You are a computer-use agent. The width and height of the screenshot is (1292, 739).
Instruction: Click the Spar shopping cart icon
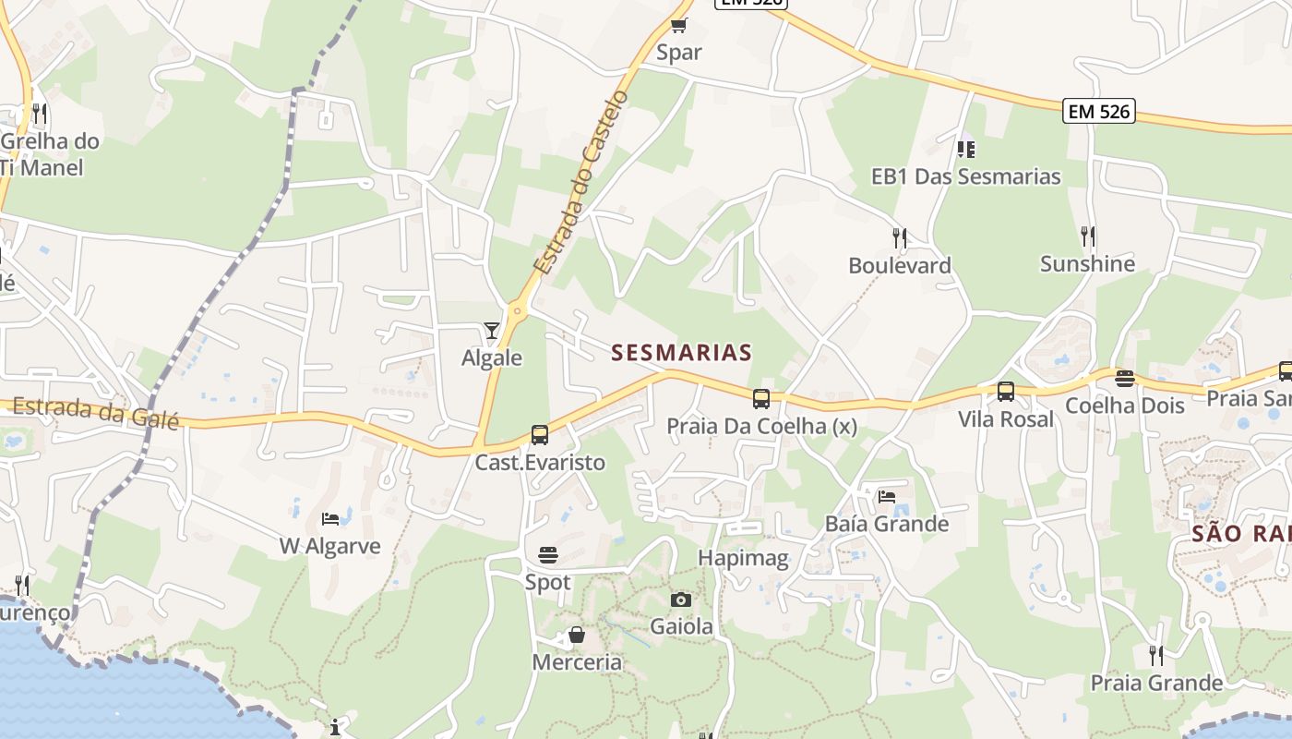pos(679,25)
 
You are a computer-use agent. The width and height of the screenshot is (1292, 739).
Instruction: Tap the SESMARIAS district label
pos(682,352)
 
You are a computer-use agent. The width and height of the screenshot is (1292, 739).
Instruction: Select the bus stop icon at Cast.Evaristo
pos(540,434)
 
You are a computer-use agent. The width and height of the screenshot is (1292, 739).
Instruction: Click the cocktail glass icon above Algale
pos(491,330)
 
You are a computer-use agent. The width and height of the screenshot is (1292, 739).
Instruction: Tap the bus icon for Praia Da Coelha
pos(761,399)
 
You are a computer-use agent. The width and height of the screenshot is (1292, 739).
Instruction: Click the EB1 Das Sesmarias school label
pos(966,176)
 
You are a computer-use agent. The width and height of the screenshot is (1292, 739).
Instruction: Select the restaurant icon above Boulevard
pos(900,238)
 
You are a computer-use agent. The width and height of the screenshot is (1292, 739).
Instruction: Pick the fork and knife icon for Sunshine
pos(1088,236)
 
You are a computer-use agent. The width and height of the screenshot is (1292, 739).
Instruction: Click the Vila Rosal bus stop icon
pos(1006,392)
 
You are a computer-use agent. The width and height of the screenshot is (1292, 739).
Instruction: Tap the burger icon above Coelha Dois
pos(1124,379)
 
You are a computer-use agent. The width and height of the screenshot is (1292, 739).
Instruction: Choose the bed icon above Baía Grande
pos(887,496)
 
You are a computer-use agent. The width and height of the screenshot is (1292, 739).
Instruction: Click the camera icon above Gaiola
pos(681,600)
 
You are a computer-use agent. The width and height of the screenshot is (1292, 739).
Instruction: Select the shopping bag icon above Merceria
pos(577,635)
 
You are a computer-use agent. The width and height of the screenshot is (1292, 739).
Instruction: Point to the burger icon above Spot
pos(548,555)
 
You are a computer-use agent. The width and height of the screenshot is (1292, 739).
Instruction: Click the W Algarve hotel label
pos(330,546)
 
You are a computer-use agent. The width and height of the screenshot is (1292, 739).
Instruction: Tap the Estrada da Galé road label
pos(96,411)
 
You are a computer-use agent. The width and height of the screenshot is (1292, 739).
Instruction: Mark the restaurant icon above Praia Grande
pos(1155,656)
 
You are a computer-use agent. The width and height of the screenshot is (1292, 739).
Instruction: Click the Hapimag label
pos(743,558)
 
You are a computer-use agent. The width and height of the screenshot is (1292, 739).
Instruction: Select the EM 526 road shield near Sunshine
pos(1098,111)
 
